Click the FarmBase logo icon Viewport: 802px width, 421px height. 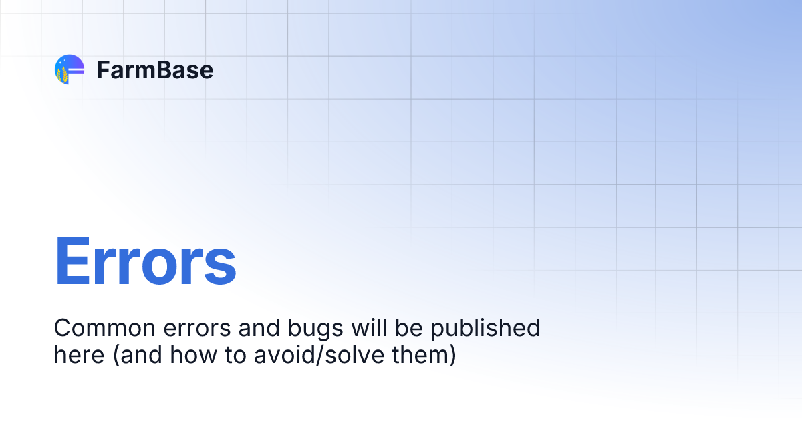pos(69,69)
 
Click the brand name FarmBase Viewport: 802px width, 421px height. pos(154,69)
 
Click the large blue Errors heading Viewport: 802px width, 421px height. pos(145,261)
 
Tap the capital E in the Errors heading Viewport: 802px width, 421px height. pos(72,261)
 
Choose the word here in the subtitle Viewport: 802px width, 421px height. pos(79,355)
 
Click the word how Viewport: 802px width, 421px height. pos(193,355)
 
